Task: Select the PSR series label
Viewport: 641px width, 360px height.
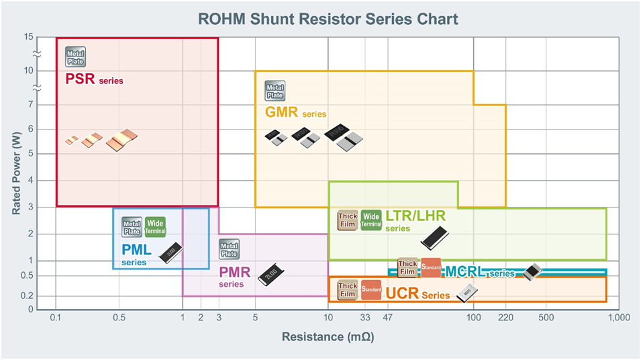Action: (x=94, y=79)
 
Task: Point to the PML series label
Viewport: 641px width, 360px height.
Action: (x=136, y=255)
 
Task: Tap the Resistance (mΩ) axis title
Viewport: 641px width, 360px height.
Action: (x=328, y=337)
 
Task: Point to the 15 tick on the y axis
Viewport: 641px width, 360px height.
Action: (x=28, y=37)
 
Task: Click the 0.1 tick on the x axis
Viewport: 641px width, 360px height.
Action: (x=56, y=317)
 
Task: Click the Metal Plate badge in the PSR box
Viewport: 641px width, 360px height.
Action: (x=75, y=57)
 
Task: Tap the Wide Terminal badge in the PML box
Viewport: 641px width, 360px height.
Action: (x=155, y=227)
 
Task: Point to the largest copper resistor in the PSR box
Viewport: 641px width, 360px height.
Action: (x=122, y=140)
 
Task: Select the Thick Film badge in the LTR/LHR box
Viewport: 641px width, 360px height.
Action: (x=348, y=220)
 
